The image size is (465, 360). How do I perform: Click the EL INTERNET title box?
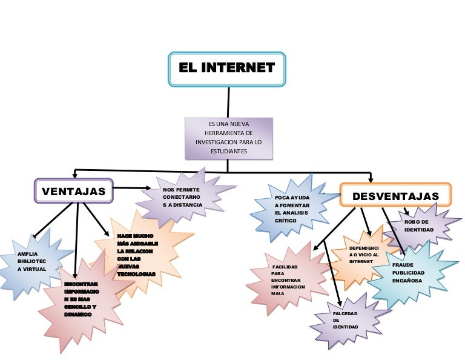pos(226,68)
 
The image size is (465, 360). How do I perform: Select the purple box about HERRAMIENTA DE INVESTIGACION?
pos(228,138)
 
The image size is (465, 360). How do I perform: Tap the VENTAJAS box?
pos(73,192)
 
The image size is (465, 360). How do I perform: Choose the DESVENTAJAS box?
pos(395,196)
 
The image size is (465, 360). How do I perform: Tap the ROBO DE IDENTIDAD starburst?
pos(420,225)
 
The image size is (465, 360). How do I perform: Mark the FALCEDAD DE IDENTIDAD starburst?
pos(346,320)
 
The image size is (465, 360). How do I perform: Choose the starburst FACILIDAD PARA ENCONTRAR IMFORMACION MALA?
pos(288,281)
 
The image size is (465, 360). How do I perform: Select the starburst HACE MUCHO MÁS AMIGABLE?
pos(136,255)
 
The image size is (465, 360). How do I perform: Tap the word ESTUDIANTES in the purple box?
pos(228,151)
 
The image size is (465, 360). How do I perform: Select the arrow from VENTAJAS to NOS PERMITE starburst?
pos(136,188)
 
